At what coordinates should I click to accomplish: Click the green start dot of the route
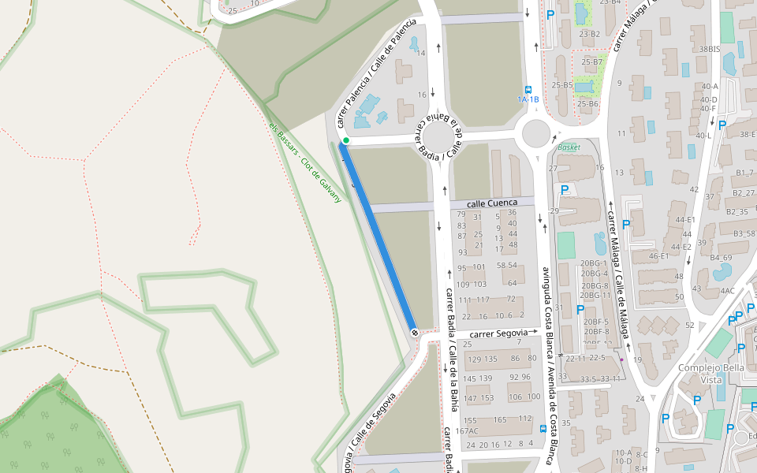[345, 140]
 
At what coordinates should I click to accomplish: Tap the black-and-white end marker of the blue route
[415, 333]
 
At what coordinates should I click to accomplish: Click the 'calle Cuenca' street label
[493, 203]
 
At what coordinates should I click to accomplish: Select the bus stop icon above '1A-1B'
[528, 90]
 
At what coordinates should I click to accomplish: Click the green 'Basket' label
[568, 147]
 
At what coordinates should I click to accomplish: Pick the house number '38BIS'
[710, 49]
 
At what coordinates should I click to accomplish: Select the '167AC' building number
[467, 431]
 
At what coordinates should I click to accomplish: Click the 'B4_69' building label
[721, 258]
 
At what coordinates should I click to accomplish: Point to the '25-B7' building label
[591, 61]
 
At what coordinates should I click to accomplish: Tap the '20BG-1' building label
[594, 263]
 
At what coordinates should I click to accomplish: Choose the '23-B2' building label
[589, 34]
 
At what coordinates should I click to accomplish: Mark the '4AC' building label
[727, 291]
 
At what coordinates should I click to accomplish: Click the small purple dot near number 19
[621, 359]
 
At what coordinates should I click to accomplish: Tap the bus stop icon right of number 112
[543, 429]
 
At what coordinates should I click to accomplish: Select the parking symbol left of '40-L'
[722, 124]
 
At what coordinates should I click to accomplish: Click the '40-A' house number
[709, 87]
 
